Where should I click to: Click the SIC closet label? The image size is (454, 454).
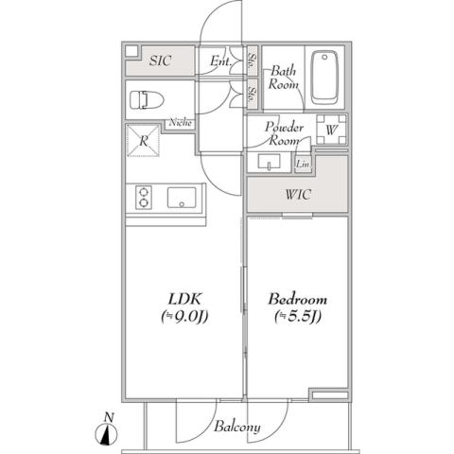coord(161,61)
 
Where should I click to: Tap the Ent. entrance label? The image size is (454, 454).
coord(221,62)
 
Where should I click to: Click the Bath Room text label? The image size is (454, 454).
coord(284,78)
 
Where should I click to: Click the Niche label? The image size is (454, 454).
coord(181,121)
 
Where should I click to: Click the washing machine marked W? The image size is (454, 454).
coord(332,130)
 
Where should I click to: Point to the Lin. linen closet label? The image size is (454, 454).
coord(303,165)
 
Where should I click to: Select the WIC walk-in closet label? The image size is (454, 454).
coord(299,195)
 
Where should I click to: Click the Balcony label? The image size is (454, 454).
coord(236,427)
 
